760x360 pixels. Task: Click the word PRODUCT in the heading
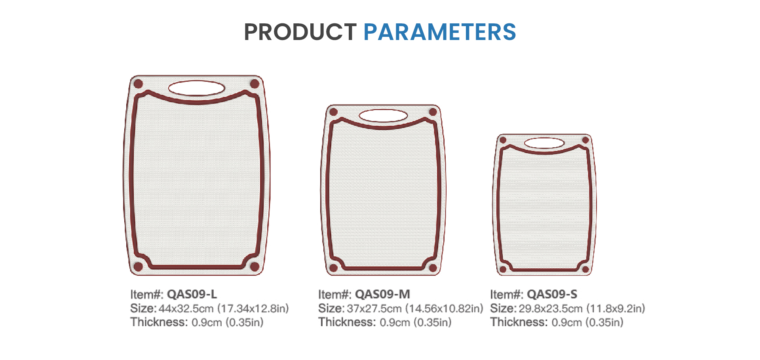point(300,32)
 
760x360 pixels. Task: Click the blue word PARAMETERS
point(440,32)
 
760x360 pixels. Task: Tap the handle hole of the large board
point(196,88)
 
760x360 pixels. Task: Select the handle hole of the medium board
point(383,116)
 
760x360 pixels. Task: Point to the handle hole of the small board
point(544,143)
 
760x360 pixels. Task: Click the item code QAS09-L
point(192,294)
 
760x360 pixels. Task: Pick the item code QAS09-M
point(382,294)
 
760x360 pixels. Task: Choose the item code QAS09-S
point(552,294)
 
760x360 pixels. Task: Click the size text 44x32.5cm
point(186,309)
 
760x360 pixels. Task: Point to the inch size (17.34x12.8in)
point(253,309)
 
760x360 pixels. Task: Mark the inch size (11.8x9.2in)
point(616,309)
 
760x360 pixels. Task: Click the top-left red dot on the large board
point(138,84)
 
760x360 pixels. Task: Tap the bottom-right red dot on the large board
point(255,267)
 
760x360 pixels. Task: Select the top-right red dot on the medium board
point(433,112)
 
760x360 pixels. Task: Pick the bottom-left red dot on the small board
point(503,269)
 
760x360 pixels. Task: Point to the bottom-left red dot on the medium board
point(334,268)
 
